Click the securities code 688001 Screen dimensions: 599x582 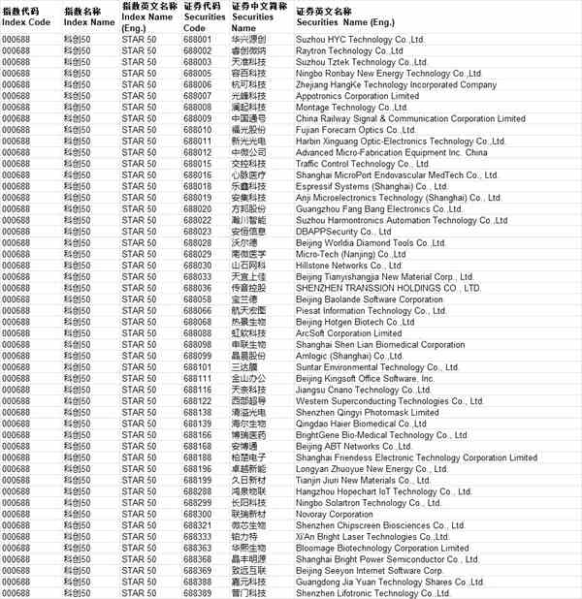197,39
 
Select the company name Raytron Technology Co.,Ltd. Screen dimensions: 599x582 348,50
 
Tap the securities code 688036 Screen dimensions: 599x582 197,288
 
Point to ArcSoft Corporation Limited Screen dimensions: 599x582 348,333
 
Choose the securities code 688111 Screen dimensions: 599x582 197,379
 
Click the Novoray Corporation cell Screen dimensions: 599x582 336,514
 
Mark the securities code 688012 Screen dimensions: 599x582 197,152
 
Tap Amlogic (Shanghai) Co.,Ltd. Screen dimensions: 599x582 350,356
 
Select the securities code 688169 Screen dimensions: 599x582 197,446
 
